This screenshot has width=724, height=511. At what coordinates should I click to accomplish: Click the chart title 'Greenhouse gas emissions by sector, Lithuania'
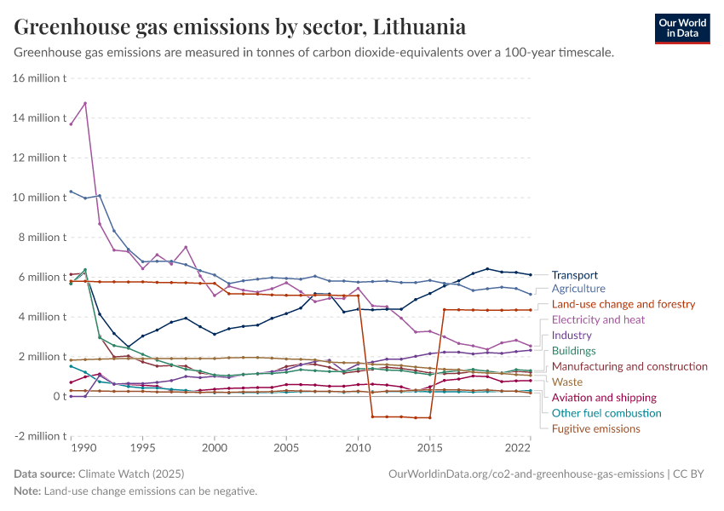pyautogui.click(x=239, y=27)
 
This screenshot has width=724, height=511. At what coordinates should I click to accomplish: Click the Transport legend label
pyautogui.click(x=574, y=275)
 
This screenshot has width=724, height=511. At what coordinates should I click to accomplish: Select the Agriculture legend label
pyautogui.click(x=578, y=289)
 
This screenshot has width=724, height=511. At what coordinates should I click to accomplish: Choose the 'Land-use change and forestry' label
pyautogui.click(x=623, y=304)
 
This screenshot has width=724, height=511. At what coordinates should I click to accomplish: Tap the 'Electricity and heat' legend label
pyautogui.click(x=599, y=319)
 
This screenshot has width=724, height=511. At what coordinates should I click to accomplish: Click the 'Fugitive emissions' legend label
pyautogui.click(x=595, y=428)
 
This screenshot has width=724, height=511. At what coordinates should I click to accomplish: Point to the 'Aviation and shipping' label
pyautogui.click(x=604, y=398)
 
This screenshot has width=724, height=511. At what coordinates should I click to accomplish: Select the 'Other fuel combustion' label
pyautogui.click(x=606, y=413)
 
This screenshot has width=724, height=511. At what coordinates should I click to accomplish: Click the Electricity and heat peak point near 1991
pyautogui.click(x=85, y=103)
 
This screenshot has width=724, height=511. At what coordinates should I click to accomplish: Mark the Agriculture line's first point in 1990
pyautogui.click(x=71, y=191)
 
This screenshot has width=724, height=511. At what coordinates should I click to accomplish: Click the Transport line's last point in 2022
pyautogui.click(x=530, y=275)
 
